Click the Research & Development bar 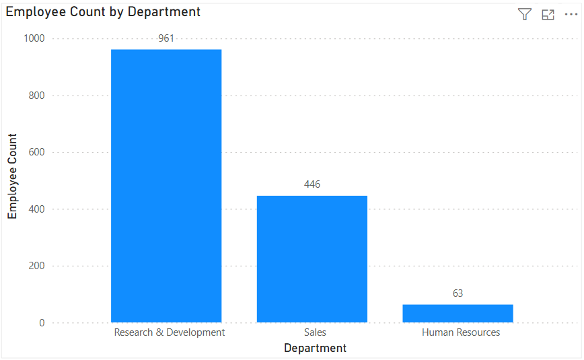[x=166, y=186]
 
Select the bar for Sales [x=312, y=259]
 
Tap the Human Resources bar [x=458, y=314]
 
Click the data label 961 [x=166, y=39]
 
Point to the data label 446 [x=312, y=184]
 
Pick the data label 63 [x=458, y=293]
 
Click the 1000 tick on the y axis [x=34, y=39]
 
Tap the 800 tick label [x=36, y=96]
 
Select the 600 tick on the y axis [x=36, y=152]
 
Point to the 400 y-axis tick [x=36, y=209]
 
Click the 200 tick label [x=36, y=266]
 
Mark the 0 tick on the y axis [x=42, y=323]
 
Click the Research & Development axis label [x=170, y=332]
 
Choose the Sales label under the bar [x=315, y=332]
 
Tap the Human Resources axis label [x=461, y=332]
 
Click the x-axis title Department [x=315, y=348]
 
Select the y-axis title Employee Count [x=12, y=175]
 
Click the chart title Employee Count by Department [x=103, y=12]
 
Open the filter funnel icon [x=525, y=15]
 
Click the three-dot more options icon [x=571, y=15]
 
